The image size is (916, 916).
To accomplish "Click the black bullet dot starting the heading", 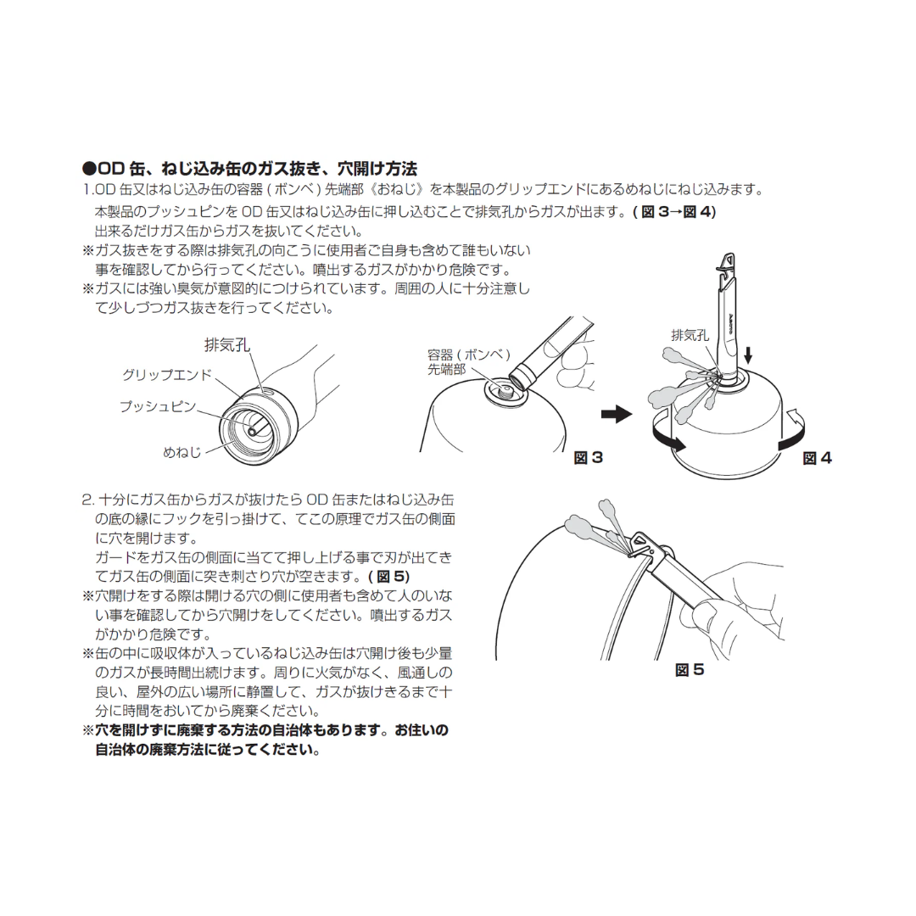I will pyautogui.click(x=88, y=168).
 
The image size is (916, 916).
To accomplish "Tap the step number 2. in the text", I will pyautogui.click(x=88, y=500).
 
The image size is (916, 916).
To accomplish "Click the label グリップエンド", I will pyautogui.click(x=167, y=374).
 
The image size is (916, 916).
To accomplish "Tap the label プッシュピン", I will pyautogui.click(x=158, y=407).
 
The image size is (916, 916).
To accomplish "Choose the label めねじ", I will pyautogui.click(x=182, y=452).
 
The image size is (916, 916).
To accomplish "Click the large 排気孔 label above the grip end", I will pyautogui.click(x=227, y=345).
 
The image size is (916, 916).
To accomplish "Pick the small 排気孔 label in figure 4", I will pyautogui.click(x=690, y=335).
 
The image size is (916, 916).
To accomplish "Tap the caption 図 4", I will pyautogui.click(x=818, y=458).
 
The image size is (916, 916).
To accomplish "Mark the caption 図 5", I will pyautogui.click(x=689, y=670).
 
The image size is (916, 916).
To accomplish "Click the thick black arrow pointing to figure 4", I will pyautogui.click(x=617, y=414).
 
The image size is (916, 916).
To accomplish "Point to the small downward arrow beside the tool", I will pyautogui.click(x=747, y=352).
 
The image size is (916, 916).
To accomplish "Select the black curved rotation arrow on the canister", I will pyautogui.click(x=667, y=440).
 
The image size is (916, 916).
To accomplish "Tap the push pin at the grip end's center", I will pyautogui.click(x=252, y=430).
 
